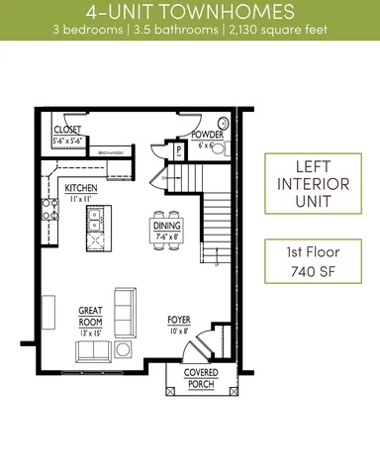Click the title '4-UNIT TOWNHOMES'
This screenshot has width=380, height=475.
[189, 13]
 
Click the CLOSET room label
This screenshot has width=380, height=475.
[66, 129]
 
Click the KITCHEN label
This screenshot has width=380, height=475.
[81, 187]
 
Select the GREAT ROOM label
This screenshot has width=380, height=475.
[91, 315]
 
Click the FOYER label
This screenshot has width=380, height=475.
[178, 321]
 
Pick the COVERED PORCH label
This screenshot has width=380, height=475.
[202, 377]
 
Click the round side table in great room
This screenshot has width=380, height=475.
[124, 349]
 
